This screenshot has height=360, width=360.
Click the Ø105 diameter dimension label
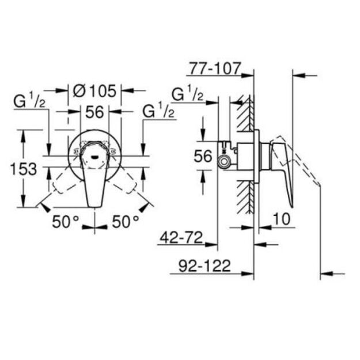pos(94,91)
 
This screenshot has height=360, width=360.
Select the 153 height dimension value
pos(24,169)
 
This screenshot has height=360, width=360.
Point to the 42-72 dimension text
pos(181,238)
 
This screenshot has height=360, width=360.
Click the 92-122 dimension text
pos(204,266)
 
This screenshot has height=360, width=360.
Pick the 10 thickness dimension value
pos(282,219)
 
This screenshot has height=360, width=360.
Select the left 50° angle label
pos(66,222)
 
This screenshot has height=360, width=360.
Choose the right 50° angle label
pos(126,222)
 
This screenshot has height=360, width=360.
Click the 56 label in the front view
pos(94,112)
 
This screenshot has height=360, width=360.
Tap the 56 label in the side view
pos(203,156)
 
